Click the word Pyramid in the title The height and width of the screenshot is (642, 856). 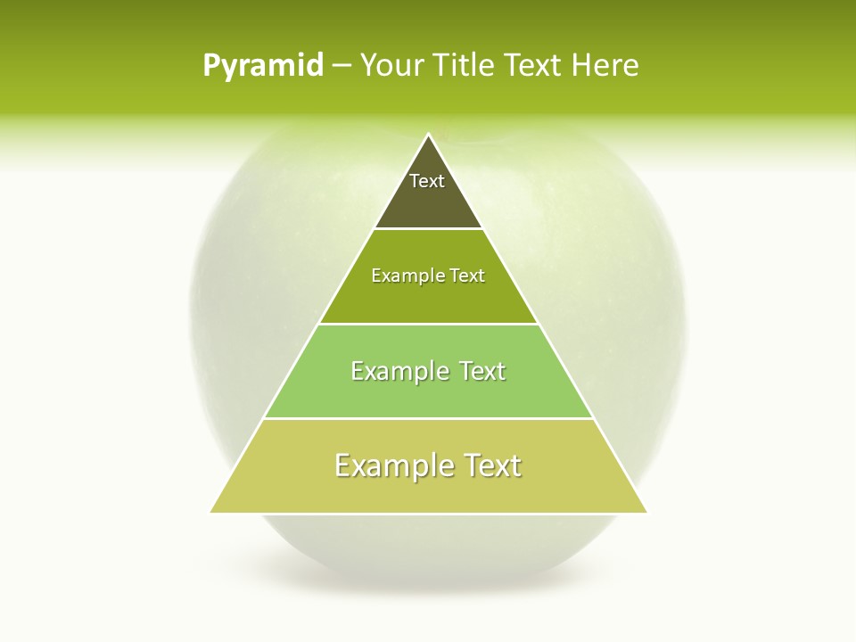pos(262,66)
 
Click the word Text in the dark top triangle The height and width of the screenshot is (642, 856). pos(427,181)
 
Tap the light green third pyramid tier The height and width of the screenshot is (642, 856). pos(428,396)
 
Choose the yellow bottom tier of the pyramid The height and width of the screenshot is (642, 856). pos(428,492)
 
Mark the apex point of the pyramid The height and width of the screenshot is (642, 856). pos(428,135)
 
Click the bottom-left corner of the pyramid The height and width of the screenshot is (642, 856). pos(210,512)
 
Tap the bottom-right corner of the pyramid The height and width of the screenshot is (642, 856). pos(646,512)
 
